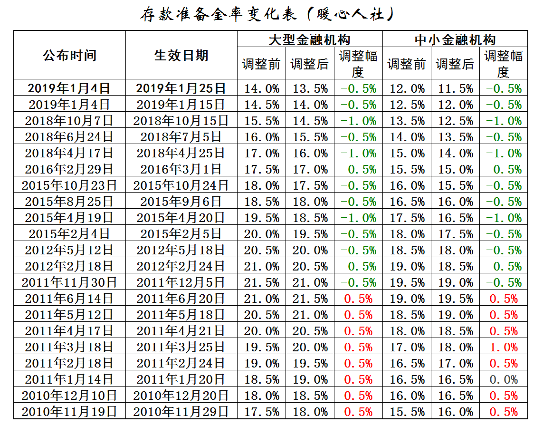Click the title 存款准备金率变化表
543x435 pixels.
click(219, 15)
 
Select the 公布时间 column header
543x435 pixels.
click(69, 55)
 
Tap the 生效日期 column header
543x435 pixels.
click(181, 55)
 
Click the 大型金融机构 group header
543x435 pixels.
click(309, 39)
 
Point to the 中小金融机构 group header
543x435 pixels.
click(455, 39)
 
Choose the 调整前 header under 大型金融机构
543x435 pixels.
click(261, 64)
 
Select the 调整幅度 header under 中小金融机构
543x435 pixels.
click(503, 64)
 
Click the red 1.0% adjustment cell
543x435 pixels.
click(503, 348)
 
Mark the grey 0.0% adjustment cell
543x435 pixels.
click(503, 380)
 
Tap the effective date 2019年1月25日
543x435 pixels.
click(181, 88)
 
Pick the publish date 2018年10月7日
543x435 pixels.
click(69, 121)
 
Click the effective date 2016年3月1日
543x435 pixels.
click(181, 169)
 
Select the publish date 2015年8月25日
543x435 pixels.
click(69, 202)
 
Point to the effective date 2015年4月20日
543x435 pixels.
click(181, 218)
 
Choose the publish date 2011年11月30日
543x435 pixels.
click(69, 282)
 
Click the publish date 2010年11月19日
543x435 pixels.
click(69, 412)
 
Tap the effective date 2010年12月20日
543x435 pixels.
click(181, 396)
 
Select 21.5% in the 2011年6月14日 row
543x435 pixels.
click(310, 299)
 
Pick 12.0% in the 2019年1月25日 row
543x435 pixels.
click(407, 88)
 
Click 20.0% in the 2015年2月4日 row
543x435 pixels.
click(261, 234)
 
